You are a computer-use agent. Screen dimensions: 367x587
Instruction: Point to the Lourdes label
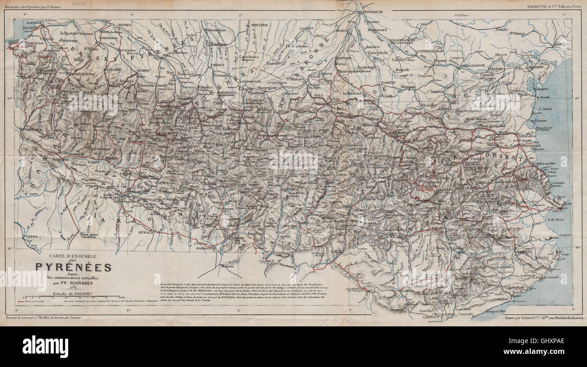pos(205,87)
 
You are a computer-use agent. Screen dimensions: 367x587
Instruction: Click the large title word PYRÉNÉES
pos(74,267)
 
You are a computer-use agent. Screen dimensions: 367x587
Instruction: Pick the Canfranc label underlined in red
pos(137,141)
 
